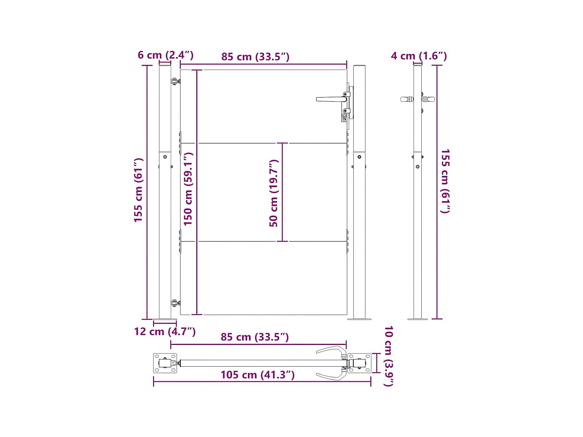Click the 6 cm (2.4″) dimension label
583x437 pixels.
click(166, 55)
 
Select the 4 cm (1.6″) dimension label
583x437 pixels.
click(419, 56)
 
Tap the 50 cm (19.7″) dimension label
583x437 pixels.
click(274, 193)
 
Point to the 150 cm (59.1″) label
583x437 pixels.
click(188, 189)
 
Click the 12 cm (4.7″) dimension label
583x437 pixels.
click(165, 331)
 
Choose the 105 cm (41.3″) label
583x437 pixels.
click(257, 375)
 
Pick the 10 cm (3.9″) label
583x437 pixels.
click(388, 356)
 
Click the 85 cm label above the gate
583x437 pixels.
click(255, 57)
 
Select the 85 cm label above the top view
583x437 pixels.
click(255, 337)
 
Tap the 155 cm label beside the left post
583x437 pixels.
click(138, 190)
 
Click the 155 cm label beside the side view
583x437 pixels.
click(445, 181)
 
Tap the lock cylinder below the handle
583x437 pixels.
click(344, 117)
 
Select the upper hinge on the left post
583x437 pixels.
click(175, 81)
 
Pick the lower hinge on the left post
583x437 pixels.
click(175, 303)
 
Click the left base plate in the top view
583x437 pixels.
click(165, 363)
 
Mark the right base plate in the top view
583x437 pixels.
click(360, 363)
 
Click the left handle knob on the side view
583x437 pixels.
click(406, 99)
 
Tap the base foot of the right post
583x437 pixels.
click(359, 319)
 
